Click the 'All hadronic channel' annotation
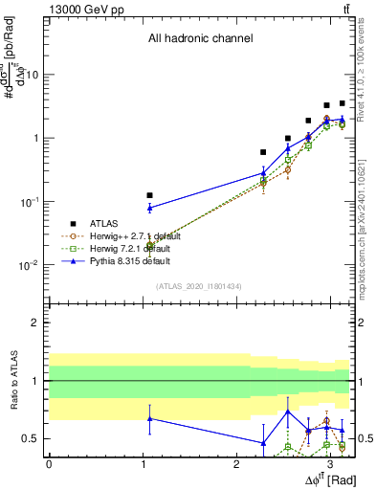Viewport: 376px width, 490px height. click(200, 39)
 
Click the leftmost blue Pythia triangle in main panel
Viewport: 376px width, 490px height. click(149, 208)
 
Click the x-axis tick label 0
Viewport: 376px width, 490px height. click(49, 462)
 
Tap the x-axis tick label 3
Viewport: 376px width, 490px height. click(330, 462)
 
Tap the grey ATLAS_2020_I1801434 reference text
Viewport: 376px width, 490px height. click(200, 286)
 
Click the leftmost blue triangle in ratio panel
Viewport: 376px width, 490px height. click(149, 418)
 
